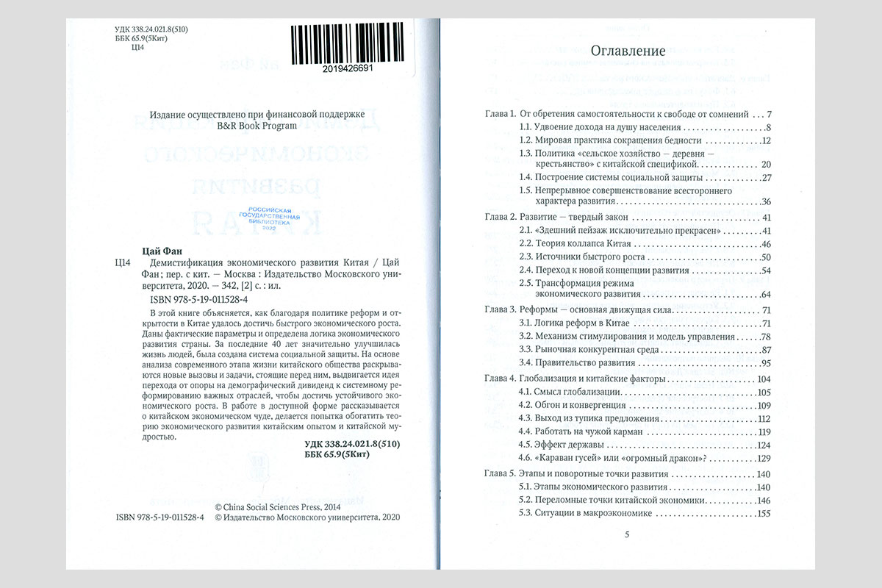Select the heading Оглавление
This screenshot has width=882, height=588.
(x=628, y=51)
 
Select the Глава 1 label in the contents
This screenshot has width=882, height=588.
(x=500, y=115)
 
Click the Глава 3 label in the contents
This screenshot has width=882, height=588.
(x=500, y=309)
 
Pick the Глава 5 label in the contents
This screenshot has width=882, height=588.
(x=500, y=473)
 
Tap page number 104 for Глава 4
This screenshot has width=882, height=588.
(x=762, y=379)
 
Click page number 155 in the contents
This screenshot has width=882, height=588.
(x=762, y=513)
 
